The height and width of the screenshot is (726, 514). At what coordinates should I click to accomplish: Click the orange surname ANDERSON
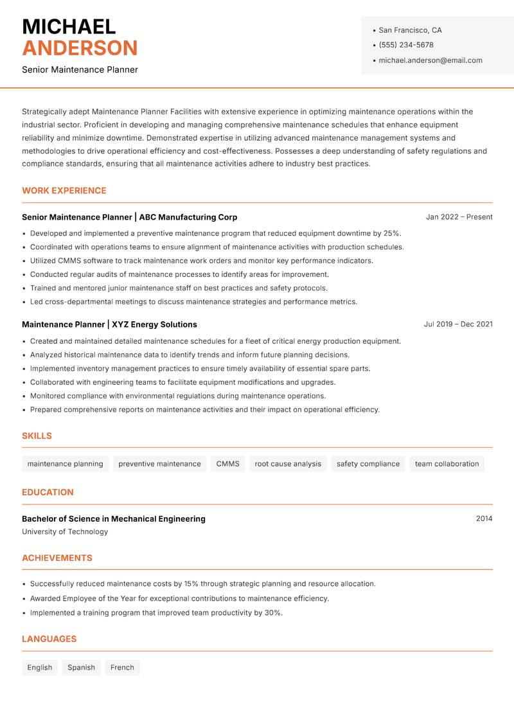[x=80, y=48]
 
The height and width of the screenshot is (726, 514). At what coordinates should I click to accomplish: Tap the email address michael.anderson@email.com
[x=430, y=60]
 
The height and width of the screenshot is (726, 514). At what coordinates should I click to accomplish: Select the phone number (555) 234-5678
[x=406, y=45]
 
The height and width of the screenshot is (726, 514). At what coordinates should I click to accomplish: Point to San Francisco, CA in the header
[x=410, y=30]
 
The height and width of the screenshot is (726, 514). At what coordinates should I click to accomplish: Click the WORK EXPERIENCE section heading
[x=64, y=191]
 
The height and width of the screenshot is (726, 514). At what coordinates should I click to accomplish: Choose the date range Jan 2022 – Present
[x=459, y=217]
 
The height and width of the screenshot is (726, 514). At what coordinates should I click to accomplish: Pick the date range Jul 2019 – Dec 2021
[x=458, y=324]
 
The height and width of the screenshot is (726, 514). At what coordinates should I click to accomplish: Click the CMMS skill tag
[x=227, y=464]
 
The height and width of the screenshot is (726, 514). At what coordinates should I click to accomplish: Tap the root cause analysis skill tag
[x=288, y=464]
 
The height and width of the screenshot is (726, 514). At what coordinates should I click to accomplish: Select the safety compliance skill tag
[x=368, y=464]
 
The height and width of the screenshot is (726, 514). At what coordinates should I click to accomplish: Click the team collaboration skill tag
[x=447, y=464]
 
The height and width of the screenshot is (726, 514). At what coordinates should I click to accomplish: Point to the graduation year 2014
[x=484, y=518]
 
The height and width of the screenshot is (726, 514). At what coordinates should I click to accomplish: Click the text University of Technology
[x=65, y=532]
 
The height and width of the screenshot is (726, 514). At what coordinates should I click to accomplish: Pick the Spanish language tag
[x=81, y=668]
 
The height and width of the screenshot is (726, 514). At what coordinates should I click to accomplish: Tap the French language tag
[x=122, y=668]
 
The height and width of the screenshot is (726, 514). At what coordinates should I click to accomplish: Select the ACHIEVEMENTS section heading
[x=57, y=558]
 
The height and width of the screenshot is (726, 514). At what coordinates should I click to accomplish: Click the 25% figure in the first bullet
[x=391, y=233]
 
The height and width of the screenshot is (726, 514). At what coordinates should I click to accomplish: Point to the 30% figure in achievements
[x=273, y=613]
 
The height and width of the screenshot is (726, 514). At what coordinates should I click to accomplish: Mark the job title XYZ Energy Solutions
[x=154, y=324]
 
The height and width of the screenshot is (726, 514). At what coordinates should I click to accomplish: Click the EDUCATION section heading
[x=48, y=492]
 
